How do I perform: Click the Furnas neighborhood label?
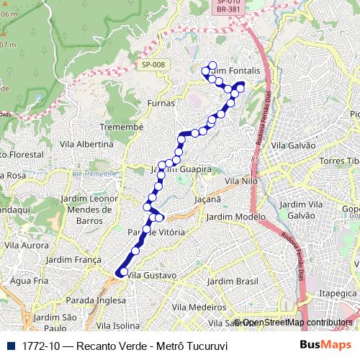coord(160,103)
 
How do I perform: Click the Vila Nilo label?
coord(240,181)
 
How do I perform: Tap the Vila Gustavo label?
coord(150,275)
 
